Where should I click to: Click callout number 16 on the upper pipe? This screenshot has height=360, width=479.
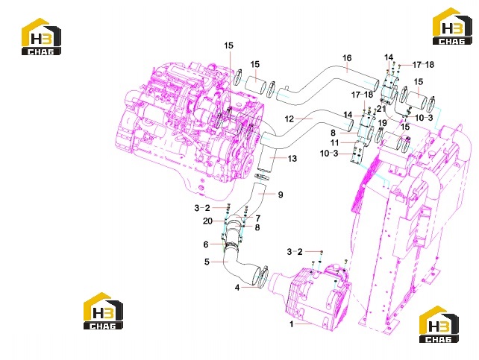click(x=347, y=58)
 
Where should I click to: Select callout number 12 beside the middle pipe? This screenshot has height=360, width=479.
click(x=289, y=119)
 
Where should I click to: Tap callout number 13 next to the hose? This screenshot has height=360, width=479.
click(x=292, y=158)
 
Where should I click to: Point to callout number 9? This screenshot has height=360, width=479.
click(x=281, y=195)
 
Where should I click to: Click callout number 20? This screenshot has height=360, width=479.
click(x=207, y=221)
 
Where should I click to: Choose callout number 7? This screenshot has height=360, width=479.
click(x=258, y=218)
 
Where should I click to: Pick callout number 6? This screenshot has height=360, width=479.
click(x=206, y=244)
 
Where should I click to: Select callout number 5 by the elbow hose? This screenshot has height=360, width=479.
click(x=207, y=262)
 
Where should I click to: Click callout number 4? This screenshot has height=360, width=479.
click(x=237, y=288)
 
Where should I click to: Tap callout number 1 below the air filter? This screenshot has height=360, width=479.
click(x=292, y=323)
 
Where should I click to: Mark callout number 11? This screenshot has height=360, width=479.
click(x=334, y=142)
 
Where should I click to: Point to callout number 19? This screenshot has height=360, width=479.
click(x=383, y=123)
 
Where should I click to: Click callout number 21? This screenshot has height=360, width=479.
click(x=381, y=109)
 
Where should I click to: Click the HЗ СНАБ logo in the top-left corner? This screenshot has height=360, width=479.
click(x=41, y=37)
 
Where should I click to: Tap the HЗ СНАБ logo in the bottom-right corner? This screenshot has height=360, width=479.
click(x=439, y=324)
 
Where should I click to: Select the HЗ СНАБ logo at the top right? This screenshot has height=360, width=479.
click(x=453, y=26)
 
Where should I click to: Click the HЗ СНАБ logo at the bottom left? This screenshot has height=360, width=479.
click(x=103, y=311)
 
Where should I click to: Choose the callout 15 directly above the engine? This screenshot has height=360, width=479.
click(x=228, y=45)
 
